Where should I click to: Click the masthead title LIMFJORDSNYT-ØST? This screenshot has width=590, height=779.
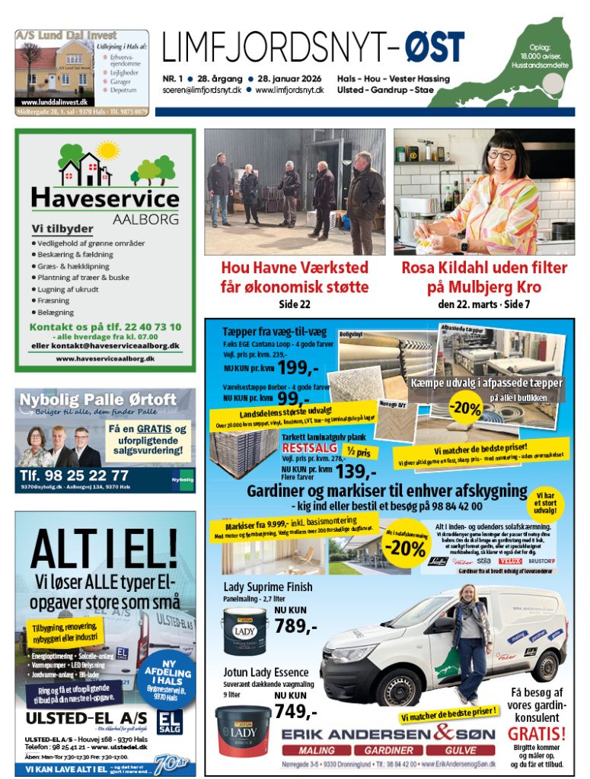[x=312, y=47]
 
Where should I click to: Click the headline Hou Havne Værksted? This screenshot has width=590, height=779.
[x=294, y=268]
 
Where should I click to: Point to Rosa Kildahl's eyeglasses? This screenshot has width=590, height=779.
[x=500, y=154]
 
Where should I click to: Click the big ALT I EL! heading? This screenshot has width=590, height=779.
[x=105, y=546]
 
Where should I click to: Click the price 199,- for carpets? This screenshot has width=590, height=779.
[x=297, y=369]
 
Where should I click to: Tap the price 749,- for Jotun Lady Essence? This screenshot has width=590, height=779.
[x=295, y=711]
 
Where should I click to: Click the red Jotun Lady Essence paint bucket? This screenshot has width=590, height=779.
[x=243, y=730]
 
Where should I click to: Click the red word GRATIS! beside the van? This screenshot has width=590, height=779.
[x=537, y=734]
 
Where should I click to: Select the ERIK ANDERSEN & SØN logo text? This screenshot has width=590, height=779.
[x=388, y=734]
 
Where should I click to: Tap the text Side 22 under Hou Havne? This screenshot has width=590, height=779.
[x=295, y=304]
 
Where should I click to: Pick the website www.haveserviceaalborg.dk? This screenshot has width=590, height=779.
[x=105, y=358]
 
